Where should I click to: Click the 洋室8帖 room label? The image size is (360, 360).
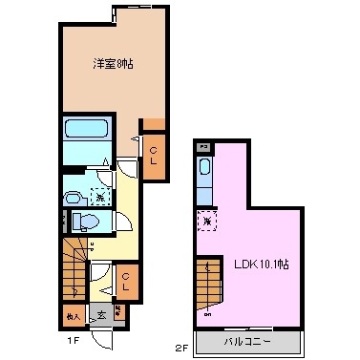(x=113, y=64)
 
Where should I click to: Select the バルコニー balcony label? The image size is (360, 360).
(x=251, y=342)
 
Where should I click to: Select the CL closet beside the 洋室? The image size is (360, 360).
(x=153, y=154)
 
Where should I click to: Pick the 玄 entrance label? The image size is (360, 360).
(x=99, y=312)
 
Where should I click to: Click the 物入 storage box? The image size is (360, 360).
(x=73, y=312)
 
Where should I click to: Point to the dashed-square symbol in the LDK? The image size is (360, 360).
(x=205, y=221)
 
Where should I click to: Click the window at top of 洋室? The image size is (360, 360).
(x=115, y=13)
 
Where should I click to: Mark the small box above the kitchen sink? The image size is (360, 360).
(x=202, y=147)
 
